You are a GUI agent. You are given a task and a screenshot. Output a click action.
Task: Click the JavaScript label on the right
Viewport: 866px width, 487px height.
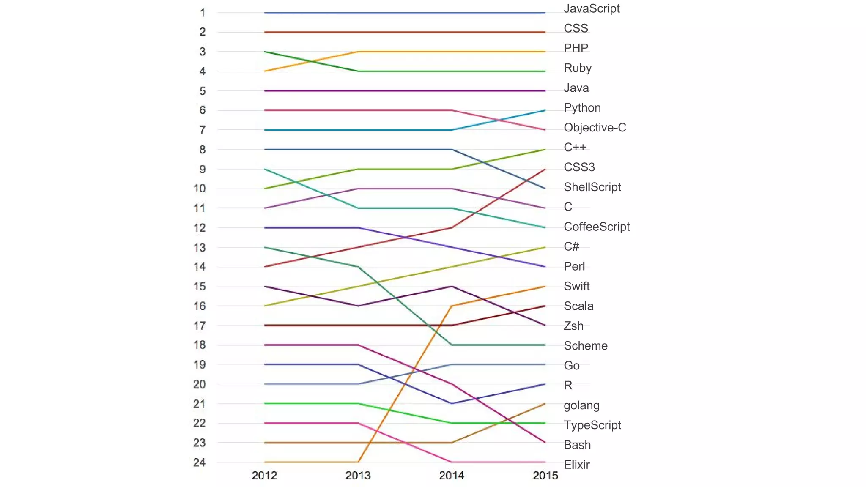click(591, 8)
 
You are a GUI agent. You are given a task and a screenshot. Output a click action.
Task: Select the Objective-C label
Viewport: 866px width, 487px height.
click(595, 127)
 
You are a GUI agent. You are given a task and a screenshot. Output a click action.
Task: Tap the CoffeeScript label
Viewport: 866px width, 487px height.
click(596, 227)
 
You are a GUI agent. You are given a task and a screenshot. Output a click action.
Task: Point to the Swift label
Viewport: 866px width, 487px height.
click(576, 286)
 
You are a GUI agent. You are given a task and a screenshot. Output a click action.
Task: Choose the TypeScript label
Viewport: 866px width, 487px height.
click(592, 425)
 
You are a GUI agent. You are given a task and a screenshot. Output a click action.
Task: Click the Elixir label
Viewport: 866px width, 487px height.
click(576, 465)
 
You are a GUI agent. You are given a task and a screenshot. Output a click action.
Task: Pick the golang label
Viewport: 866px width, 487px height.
click(581, 405)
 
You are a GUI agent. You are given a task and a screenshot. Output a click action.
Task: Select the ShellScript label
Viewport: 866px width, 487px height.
click(592, 187)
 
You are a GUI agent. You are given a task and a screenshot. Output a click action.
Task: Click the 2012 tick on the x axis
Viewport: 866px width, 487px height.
click(264, 475)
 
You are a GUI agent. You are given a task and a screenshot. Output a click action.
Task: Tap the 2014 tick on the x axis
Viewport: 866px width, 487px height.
click(452, 475)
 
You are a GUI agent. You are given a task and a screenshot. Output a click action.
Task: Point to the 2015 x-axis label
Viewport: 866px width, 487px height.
click(545, 475)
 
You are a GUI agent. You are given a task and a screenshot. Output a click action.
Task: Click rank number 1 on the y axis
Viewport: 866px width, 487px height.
click(203, 13)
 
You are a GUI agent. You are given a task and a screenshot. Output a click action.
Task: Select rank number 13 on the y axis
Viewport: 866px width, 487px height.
click(200, 247)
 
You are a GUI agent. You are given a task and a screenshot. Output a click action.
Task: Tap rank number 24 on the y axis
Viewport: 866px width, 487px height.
click(200, 462)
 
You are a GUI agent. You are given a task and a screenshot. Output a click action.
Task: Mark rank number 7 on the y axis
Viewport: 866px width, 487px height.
click(203, 130)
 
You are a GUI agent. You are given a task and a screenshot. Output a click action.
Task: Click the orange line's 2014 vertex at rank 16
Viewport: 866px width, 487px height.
click(452, 306)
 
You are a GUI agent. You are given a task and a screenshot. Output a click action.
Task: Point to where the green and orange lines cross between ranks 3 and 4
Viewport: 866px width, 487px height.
click(312, 61)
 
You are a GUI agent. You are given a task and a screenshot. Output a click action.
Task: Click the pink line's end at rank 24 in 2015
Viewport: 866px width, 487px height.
click(545, 462)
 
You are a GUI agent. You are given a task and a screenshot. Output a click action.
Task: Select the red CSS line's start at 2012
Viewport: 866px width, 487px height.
click(265, 32)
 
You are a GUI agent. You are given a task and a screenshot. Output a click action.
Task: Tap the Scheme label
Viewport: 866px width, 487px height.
click(585, 346)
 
